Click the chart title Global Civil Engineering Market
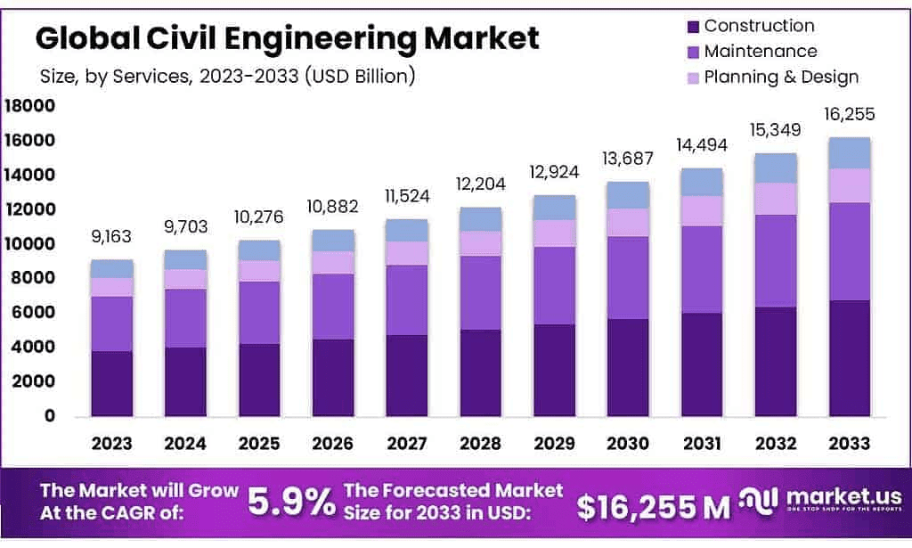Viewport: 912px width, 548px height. point(287,38)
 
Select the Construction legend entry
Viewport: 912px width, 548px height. point(759,26)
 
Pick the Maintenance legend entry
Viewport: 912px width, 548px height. point(760,52)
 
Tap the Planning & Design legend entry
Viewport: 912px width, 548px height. point(781,77)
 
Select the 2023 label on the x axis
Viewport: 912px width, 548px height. point(111,443)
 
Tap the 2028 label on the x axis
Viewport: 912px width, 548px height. point(480,443)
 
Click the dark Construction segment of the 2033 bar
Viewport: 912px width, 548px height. point(849,358)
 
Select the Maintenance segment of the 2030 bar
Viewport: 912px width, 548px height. point(627,277)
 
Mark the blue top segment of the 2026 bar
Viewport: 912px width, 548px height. point(332,241)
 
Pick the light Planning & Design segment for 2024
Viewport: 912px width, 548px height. point(185,279)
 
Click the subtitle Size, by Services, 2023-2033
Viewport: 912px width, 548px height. point(228,77)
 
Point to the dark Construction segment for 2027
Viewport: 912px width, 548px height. point(406,375)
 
